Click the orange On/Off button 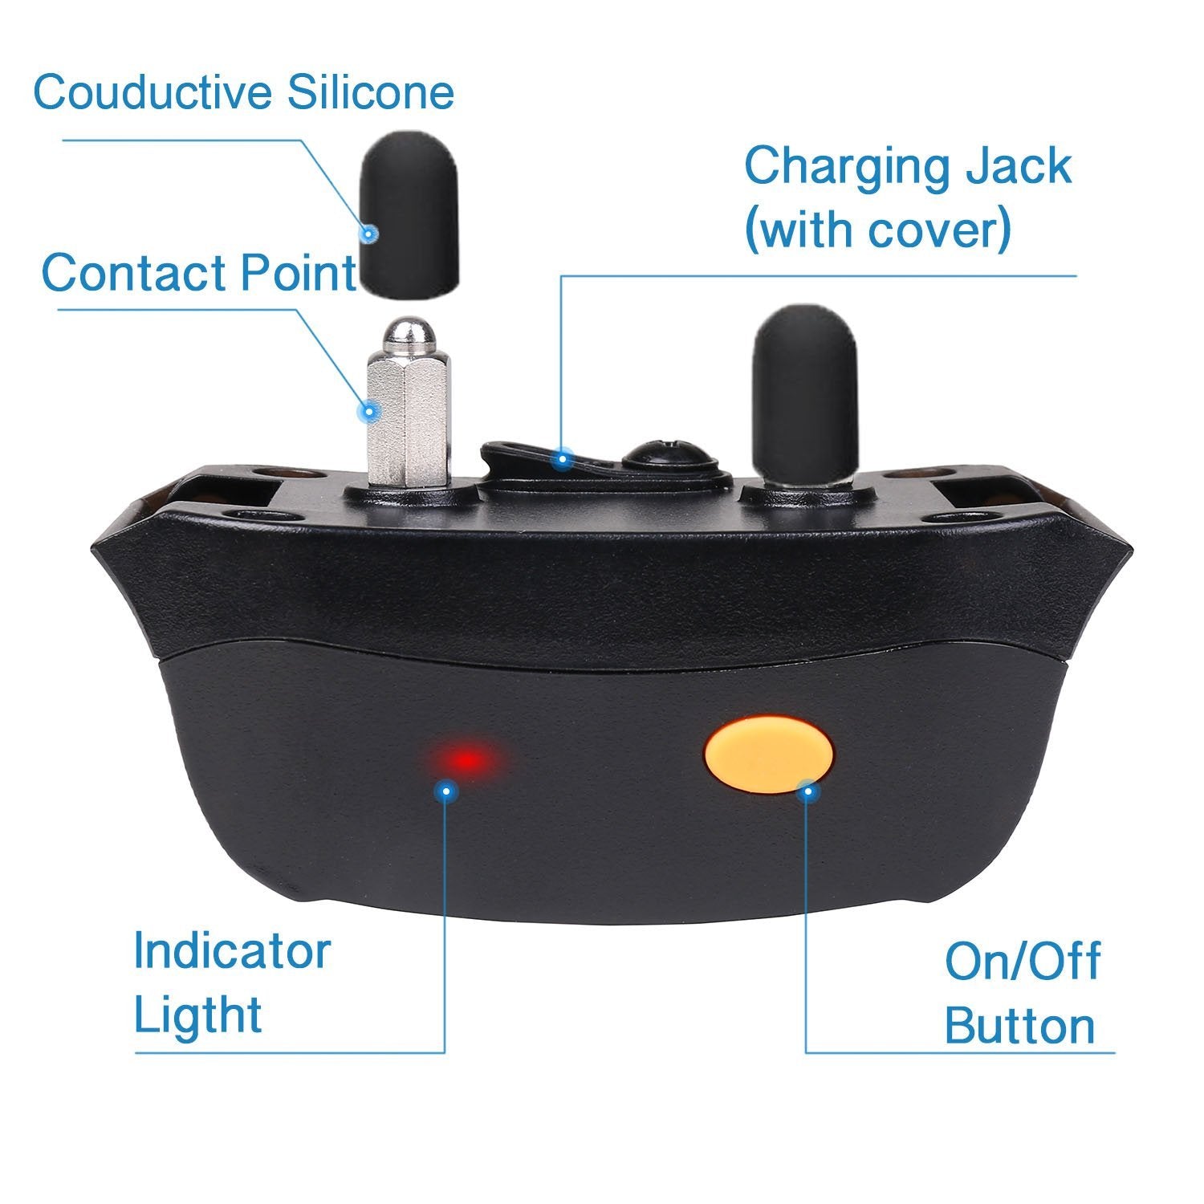[x=768, y=757]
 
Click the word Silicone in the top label [x=371, y=92]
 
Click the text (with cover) [x=877, y=230]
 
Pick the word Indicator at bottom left [x=232, y=951]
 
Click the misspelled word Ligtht [x=197, y=1015]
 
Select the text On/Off [x=1022, y=961]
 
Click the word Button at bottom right [x=1019, y=1025]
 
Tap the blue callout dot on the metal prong [x=369, y=412]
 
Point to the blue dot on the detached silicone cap [x=368, y=234]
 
